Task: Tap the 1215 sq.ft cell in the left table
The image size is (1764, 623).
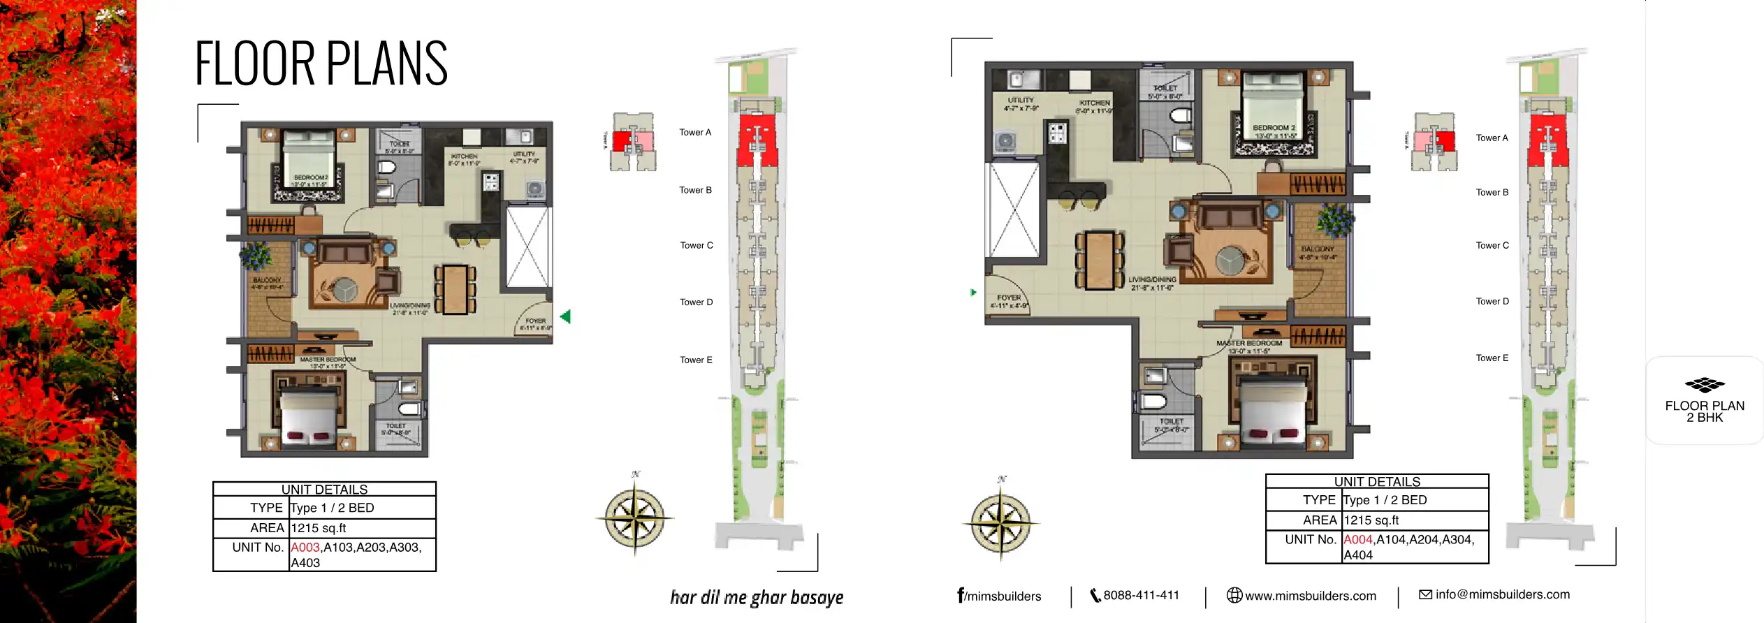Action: [319, 528]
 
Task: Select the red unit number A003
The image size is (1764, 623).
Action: [305, 548]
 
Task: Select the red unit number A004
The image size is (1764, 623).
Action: [1358, 540]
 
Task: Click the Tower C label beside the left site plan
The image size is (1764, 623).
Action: [697, 245]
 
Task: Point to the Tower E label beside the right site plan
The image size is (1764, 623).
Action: [1492, 358]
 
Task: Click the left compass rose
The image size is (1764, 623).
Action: [634, 518]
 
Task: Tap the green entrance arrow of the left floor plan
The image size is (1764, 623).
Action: [565, 316]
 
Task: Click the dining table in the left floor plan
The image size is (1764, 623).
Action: [455, 288]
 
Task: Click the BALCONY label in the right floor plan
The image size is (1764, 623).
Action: [1318, 249]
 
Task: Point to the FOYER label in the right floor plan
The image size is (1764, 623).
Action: [1009, 298]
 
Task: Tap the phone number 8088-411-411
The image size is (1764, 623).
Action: [1140, 596]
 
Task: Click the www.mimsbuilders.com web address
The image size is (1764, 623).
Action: [1310, 596]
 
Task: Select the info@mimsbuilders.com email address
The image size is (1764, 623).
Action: [1502, 595]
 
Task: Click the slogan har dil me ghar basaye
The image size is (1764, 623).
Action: [757, 598]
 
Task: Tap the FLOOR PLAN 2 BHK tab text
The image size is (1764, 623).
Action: [1705, 411]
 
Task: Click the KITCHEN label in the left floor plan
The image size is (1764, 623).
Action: [464, 157]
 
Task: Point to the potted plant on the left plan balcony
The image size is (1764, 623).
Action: [256, 255]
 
